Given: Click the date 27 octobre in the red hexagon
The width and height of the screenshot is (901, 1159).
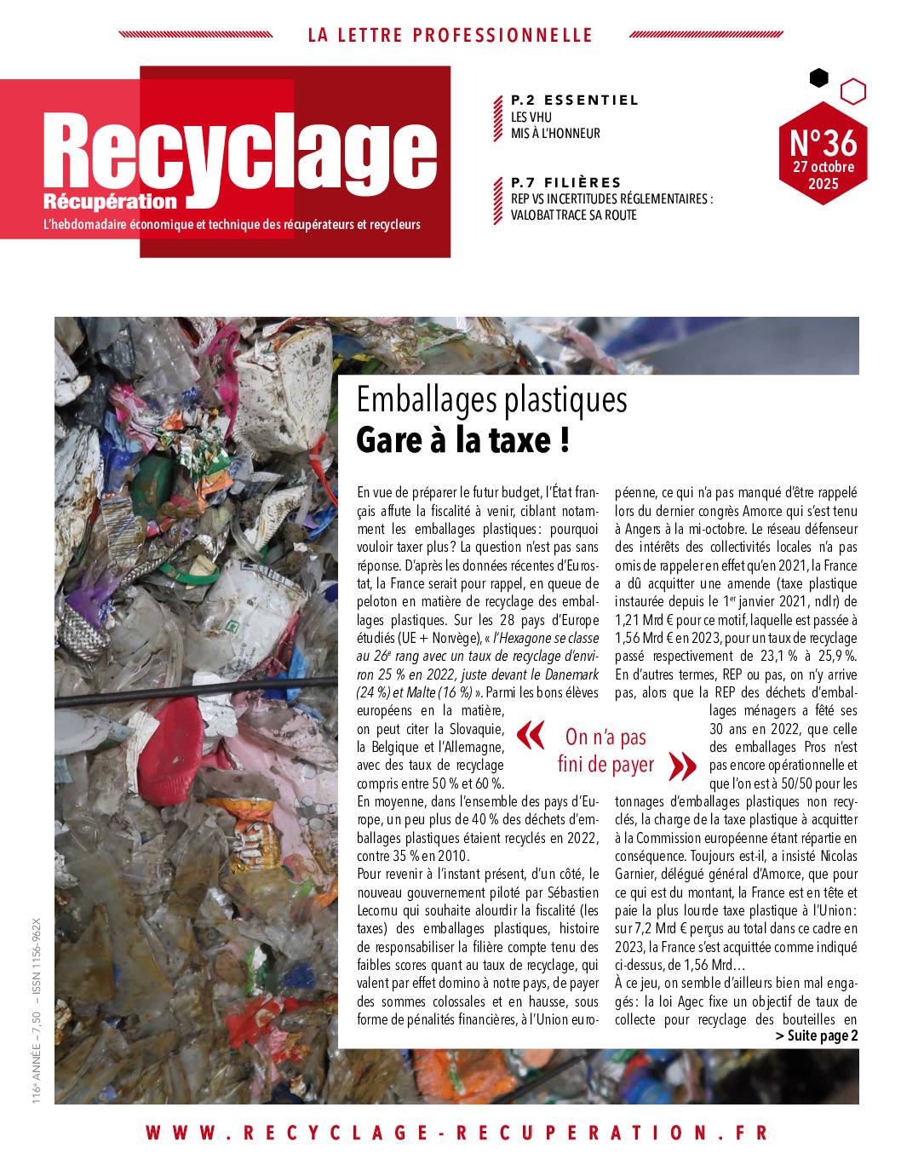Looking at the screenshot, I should coord(824,166).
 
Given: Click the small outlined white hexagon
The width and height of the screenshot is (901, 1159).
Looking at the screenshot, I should coord(852,90).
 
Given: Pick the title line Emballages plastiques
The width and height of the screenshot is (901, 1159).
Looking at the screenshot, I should coord(491,399).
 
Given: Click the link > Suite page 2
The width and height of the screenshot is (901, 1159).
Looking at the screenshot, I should coord(817,1036).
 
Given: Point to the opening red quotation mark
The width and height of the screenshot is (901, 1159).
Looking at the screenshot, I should coord(531,736).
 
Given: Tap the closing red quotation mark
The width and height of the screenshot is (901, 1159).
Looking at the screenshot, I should coord(683,766).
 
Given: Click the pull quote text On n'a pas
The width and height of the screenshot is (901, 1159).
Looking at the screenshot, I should coord(605,737).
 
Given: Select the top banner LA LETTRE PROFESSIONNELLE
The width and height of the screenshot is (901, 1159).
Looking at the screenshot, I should coord(450,35).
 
